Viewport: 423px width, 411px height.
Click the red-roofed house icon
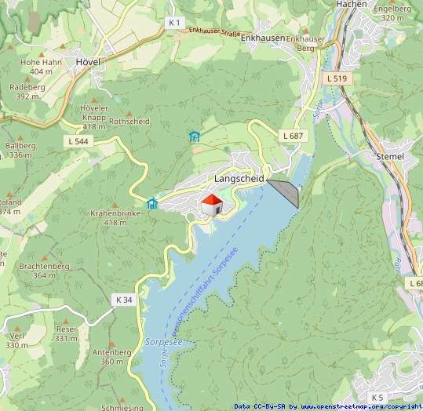tap(212, 205)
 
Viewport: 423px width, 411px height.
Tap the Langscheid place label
tap(239, 179)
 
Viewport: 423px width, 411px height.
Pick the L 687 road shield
tap(292, 136)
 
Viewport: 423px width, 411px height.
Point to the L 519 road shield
tap(336, 79)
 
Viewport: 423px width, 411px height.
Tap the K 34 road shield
tap(124, 300)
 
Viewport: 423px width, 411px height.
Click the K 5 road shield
tap(378, 397)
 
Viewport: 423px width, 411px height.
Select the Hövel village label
tap(88, 60)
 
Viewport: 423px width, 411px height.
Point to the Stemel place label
tap(389, 156)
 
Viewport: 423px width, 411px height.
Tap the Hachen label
tap(351, 5)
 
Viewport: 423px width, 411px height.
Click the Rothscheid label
tap(129, 122)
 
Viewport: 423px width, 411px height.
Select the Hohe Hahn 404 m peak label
tap(41, 67)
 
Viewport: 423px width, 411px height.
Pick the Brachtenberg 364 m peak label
tap(44, 271)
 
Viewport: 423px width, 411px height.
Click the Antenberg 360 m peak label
tap(111, 357)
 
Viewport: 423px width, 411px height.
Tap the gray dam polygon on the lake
tap(286, 191)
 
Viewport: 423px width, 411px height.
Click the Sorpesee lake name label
tap(163, 343)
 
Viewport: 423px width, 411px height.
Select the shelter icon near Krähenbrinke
tap(152, 204)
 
